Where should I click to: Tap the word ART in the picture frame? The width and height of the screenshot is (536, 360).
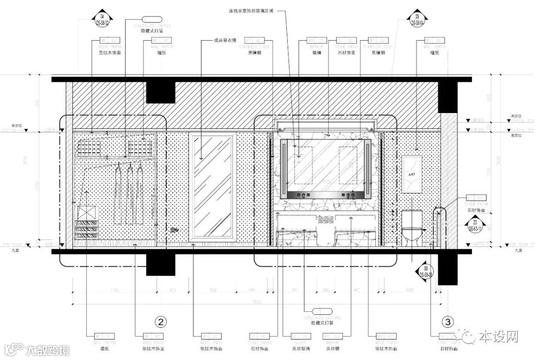(411, 175)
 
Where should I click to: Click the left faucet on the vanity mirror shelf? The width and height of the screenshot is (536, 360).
(301, 195)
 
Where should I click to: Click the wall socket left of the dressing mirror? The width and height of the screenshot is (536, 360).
(173, 230)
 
